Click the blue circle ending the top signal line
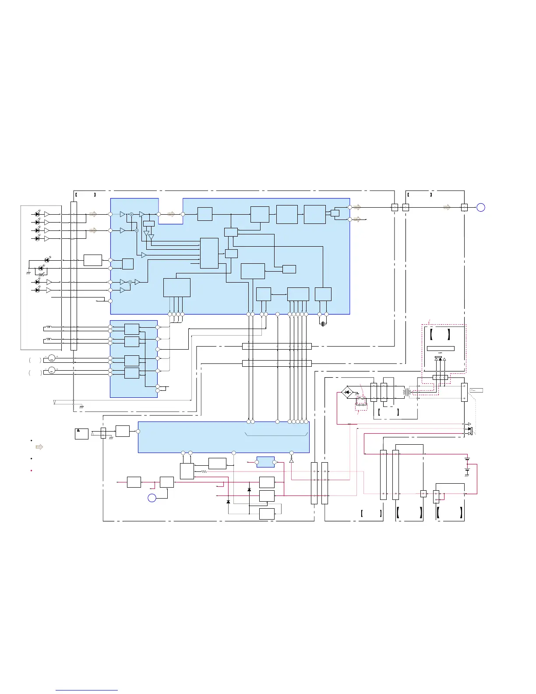(480, 208)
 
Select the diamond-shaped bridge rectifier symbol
(348, 392)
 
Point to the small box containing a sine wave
(476, 390)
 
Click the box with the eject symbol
(81, 434)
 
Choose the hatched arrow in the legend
(39, 447)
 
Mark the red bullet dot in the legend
(31, 471)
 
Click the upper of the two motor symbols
(52, 358)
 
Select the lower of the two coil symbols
(48, 340)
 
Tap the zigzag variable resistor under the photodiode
(42, 275)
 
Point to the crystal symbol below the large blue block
(323, 324)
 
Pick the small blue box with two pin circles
(265, 462)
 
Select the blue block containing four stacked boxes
(134, 359)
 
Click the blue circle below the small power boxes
(152, 498)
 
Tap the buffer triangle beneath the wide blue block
(291, 460)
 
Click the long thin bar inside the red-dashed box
(441, 349)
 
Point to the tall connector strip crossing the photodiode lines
(74, 276)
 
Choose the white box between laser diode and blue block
(92, 260)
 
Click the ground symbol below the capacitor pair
(467, 475)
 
